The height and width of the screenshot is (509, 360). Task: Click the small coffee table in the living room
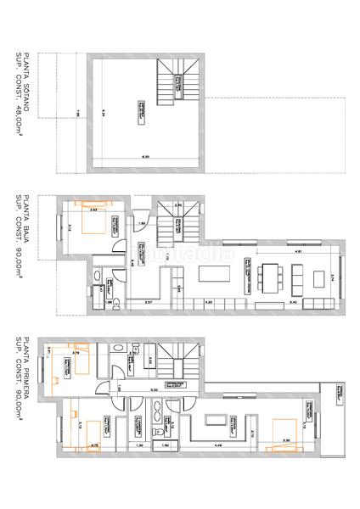click(x=297, y=276)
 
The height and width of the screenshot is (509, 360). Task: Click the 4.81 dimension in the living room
click(x=297, y=252)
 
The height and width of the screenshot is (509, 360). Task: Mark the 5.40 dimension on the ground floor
click(x=292, y=302)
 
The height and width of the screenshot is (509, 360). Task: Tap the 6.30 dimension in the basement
click(x=145, y=157)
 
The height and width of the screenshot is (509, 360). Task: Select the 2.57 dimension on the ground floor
click(x=148, y=302)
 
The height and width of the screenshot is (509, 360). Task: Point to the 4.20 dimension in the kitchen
click(x=209, y=302)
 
